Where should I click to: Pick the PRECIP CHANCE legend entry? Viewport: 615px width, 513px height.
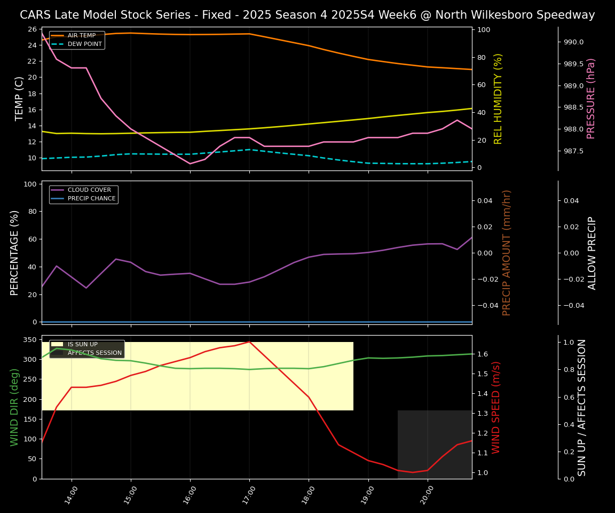91,198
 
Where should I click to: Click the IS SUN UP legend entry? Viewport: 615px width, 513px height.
82,345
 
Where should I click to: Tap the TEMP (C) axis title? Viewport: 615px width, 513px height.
19,98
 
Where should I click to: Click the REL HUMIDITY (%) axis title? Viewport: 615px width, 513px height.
498,98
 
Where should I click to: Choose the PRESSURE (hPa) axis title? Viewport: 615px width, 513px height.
591,98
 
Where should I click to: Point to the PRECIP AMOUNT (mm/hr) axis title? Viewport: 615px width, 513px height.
507,252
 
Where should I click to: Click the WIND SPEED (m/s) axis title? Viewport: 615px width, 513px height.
496,407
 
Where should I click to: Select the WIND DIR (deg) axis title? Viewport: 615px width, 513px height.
14,407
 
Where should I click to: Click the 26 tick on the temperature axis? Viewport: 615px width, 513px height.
32,29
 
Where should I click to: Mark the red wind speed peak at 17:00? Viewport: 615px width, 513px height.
249,341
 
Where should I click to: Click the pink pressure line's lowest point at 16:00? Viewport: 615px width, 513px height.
190,164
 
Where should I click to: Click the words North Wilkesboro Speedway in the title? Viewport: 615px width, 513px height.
515,15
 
